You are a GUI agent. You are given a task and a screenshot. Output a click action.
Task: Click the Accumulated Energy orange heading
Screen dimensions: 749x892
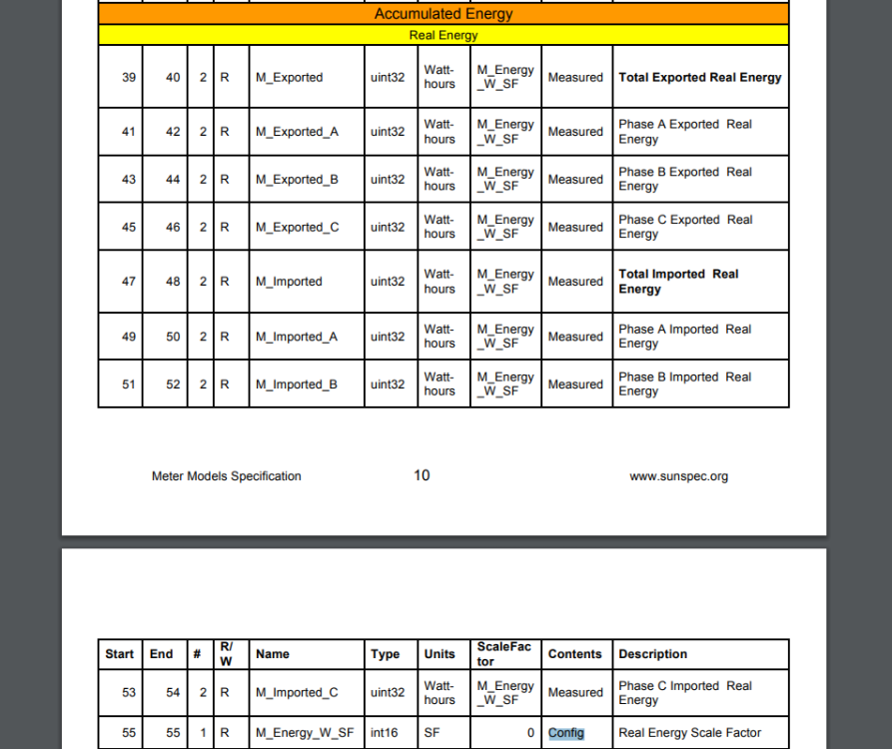[x=444, y=14]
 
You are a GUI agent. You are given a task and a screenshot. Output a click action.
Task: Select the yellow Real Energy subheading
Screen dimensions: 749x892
[x=444, y=35]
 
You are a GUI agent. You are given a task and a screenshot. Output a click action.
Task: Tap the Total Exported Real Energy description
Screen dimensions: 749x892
[x=699, y=77]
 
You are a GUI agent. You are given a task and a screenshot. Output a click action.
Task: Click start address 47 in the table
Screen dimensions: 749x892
[x=129, y=282]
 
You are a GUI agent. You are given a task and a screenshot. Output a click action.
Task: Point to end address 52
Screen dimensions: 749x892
[x=173, y=384]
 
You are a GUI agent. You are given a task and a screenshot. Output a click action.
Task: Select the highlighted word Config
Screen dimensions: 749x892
[x=565, y=733]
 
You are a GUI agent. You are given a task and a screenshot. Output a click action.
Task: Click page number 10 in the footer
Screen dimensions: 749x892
[x=422, y=475]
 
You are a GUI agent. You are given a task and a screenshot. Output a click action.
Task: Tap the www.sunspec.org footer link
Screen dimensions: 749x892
[x=678, y=476]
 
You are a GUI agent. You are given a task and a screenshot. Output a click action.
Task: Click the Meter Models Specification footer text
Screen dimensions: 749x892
[x=226, y=476]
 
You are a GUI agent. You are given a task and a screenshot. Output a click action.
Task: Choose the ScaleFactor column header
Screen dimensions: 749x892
[x=503, y=654]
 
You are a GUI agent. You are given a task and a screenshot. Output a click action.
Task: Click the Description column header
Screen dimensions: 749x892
[x=652, y=654]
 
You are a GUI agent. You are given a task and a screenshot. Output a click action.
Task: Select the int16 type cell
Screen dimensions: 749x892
[x=384, y=733]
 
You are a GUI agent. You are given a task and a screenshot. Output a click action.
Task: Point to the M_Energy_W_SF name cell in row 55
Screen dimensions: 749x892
[x=305, y=733]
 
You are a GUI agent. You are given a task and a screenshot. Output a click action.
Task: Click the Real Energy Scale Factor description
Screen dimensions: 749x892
[x=689, y=733]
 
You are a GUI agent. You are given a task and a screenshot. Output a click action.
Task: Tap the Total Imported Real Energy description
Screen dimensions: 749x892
[x=678, y=282]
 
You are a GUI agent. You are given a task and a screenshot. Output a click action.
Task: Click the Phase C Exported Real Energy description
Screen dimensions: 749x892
[x=684, y=227]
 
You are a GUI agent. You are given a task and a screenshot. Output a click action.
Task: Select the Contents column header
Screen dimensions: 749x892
[x=574, y=654]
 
